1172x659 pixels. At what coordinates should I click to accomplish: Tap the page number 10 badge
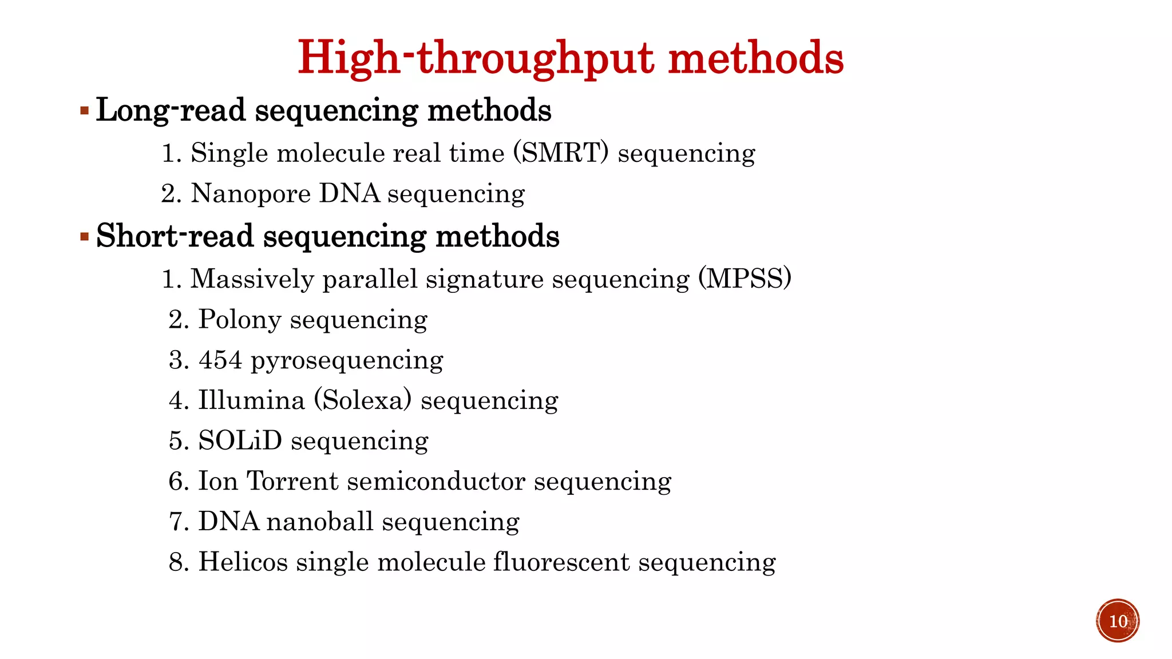pos(1118,621)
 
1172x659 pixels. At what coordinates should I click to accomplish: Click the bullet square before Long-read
pos(84,110)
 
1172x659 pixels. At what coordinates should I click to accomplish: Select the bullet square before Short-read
pos(84,236)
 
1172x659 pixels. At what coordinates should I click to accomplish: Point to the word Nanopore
pos(251,194)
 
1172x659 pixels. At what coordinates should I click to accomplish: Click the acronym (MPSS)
pos(745,279)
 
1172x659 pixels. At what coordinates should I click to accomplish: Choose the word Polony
pos(239,320)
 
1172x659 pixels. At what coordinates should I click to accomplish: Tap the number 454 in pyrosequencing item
pos(220,360)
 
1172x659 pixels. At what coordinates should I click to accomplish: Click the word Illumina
pos(251,400)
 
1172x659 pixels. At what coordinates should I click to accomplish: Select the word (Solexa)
pos(363,400)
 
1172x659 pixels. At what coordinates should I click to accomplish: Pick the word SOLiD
pos(240,440)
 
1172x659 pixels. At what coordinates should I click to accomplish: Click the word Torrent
pos(292,481)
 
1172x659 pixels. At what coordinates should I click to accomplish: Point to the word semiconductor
pos(436,481)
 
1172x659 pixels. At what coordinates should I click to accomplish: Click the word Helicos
pos(243,562)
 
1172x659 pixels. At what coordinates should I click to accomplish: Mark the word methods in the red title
pos(756,58)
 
